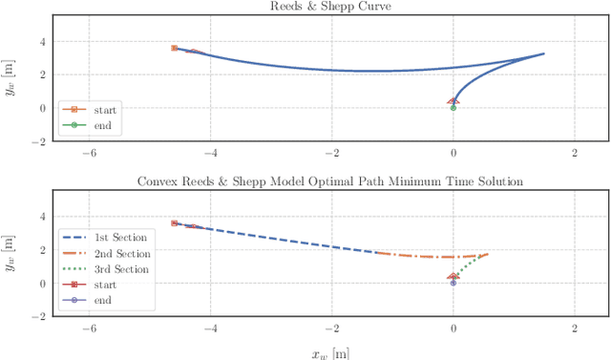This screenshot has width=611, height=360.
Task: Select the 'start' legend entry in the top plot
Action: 98,110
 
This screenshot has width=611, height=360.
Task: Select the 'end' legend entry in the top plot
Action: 96,124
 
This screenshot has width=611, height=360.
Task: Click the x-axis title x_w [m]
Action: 330,351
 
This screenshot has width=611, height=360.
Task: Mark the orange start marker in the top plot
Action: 174,48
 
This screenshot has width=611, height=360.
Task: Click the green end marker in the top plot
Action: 453,108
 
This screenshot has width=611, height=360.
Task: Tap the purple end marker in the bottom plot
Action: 453,284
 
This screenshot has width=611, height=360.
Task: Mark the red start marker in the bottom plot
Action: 174,223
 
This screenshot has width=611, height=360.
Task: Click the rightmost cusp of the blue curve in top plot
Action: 543,53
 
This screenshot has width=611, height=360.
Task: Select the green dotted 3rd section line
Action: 472,266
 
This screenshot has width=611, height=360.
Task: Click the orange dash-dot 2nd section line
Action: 430,257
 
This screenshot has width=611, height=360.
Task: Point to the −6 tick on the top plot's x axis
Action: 88,152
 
